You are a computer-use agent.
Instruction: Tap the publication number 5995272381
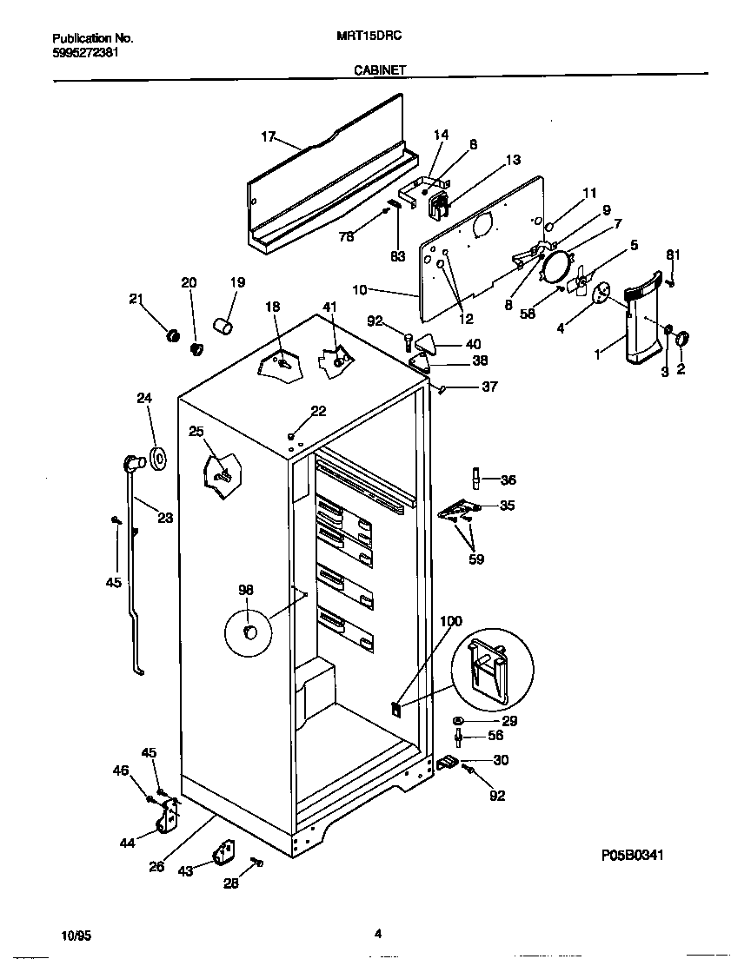click(x=85, y=52)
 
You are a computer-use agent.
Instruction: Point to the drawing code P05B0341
click(x=633, y=855)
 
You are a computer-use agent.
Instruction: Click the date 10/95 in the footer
click(x=76, y=936)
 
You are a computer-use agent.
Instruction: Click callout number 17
click(x=268, y=136)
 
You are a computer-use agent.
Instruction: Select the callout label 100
click(x=451, y=621)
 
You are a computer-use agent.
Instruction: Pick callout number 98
click(x=246, y=590)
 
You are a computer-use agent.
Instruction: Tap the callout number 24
click(x=144, y=399)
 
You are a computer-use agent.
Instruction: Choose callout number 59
click(x=475, y=559)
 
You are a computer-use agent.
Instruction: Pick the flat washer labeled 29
click(x=457, y=722)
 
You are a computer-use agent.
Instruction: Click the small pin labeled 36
click(x=476, y=479)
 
